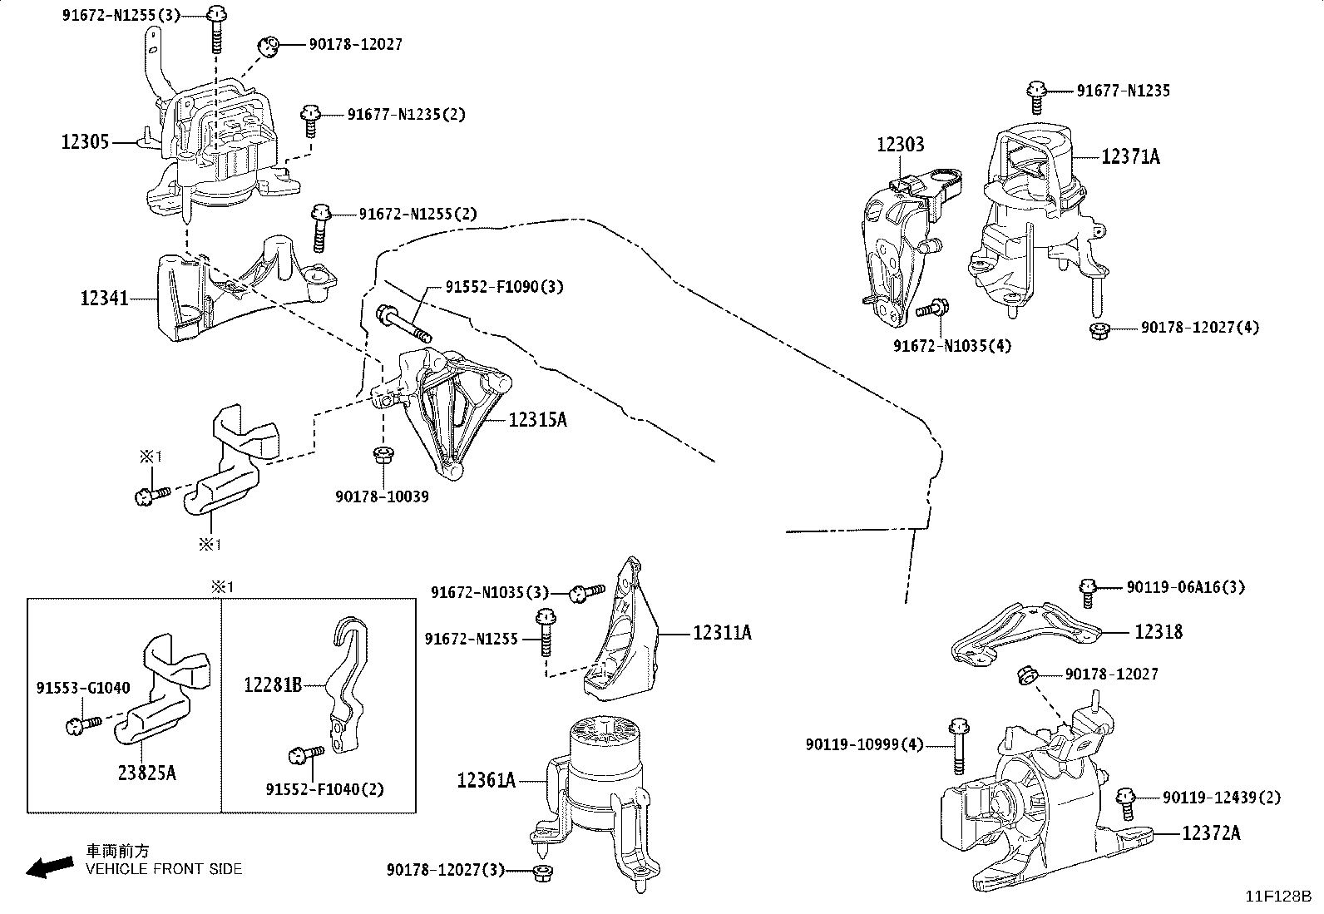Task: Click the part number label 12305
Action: click(x=85, y=142)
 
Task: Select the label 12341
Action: click(x=104, y=298)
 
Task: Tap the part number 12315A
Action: click(x=537, y=420)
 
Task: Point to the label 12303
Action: click(x=900, y=144)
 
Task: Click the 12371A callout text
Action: click(x=1130, y=156)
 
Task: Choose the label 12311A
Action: click(x=722, y=633)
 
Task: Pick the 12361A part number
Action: click(x=486, y=780)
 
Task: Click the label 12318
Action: click(x=1158, y=631)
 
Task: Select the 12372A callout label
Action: click(x=1211, y=833)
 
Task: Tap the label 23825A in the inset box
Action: click(x=147, y=773)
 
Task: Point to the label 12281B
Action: click(x=273, y=685)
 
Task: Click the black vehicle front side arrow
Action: click(x=50, y=867)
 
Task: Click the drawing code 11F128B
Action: click(x=1278, y=897)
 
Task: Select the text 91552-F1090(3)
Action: click(x=504, y=287)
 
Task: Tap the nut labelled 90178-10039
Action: click(x=383, y=457)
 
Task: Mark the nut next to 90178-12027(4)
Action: click(x=1099, y=330)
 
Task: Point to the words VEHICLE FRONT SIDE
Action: click(x=164, y=869)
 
